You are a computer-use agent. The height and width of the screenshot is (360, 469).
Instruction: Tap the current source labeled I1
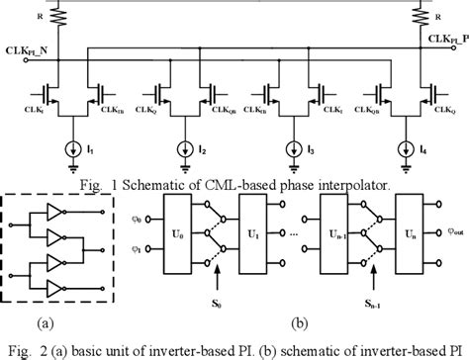[70, 150]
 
